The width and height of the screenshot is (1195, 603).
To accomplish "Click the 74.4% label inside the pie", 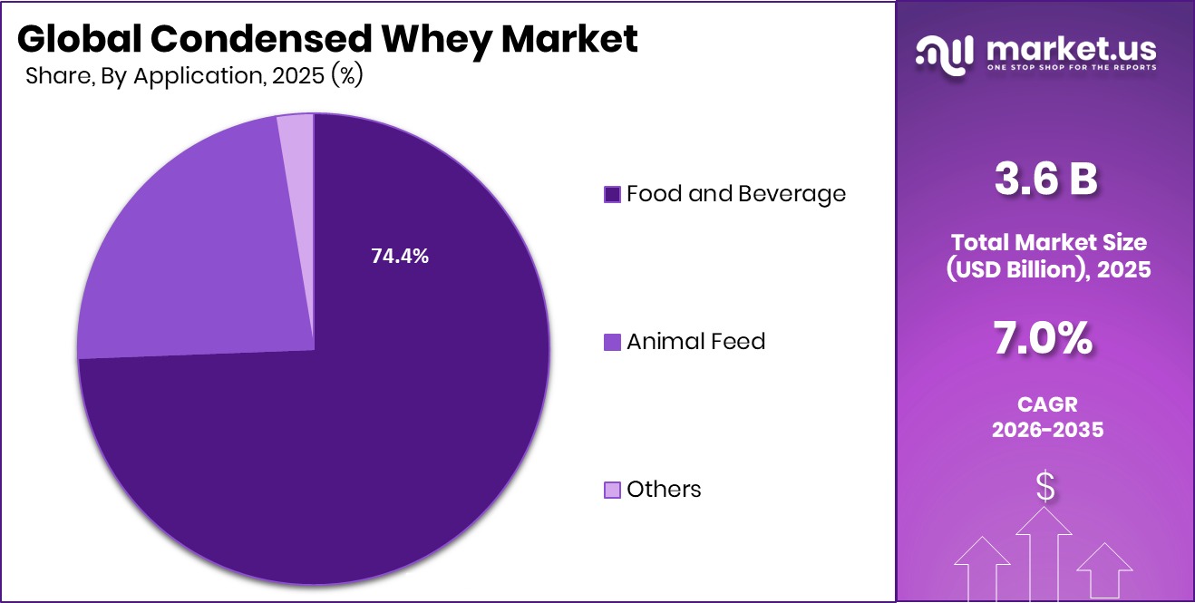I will click(x=400, y=257).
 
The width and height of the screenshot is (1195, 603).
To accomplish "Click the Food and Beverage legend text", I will click(x=735, y=193).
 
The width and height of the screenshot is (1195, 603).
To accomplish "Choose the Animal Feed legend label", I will click(x=695, y=341).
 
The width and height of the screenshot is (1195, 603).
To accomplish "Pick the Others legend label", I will click(x=664, y=490).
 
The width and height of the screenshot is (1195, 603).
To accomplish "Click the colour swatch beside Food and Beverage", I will click(x=612, y=194).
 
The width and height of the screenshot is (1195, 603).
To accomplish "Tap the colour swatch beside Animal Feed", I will click(x=612, y=342).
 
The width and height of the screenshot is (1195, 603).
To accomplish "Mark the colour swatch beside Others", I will click(x=612, y=491).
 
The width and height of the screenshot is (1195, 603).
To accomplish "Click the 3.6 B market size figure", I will click(x=1045, y=179).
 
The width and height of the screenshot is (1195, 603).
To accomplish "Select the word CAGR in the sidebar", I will click(x=1045, y=404).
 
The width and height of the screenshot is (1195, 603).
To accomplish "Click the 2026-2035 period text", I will click(x=1045, y=429).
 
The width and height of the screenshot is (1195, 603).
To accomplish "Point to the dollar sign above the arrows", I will click(x=1045, y=488).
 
